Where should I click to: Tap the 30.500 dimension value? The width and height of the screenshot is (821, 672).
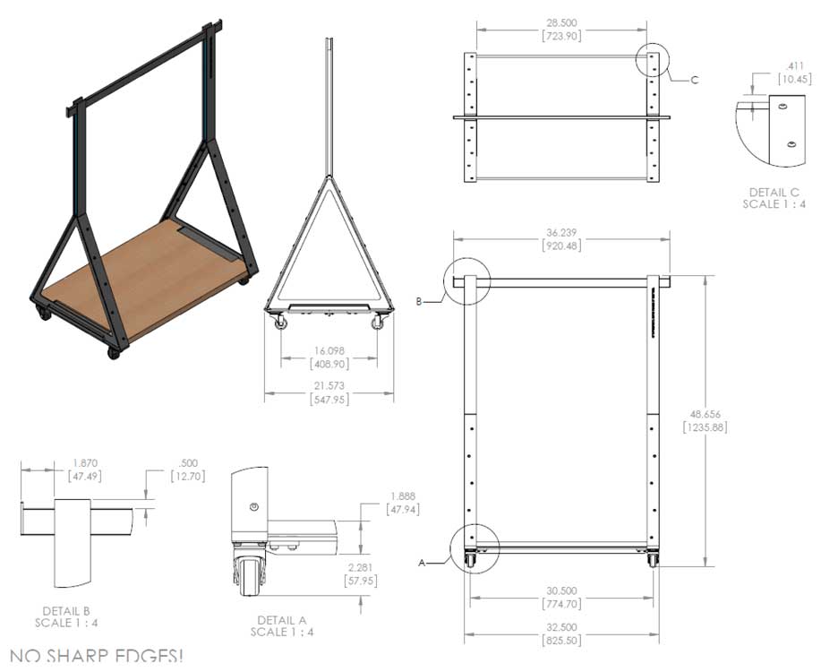coord(560,590)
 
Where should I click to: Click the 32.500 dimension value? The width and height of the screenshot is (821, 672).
coord(560,627)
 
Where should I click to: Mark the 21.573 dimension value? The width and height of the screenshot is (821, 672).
coord(329,385)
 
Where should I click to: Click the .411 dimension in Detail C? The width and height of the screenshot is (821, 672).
coord(792,66)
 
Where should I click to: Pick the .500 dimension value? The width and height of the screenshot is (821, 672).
coord(190,464)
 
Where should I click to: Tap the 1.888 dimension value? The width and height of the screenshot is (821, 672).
coord(402,496)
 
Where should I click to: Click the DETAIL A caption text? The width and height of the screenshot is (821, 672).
coord(281,620)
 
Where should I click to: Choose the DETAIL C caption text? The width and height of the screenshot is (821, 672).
coord(774,192)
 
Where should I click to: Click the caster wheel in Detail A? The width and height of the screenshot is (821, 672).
coord(246,573)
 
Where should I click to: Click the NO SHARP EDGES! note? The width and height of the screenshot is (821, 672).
coord(95,657)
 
